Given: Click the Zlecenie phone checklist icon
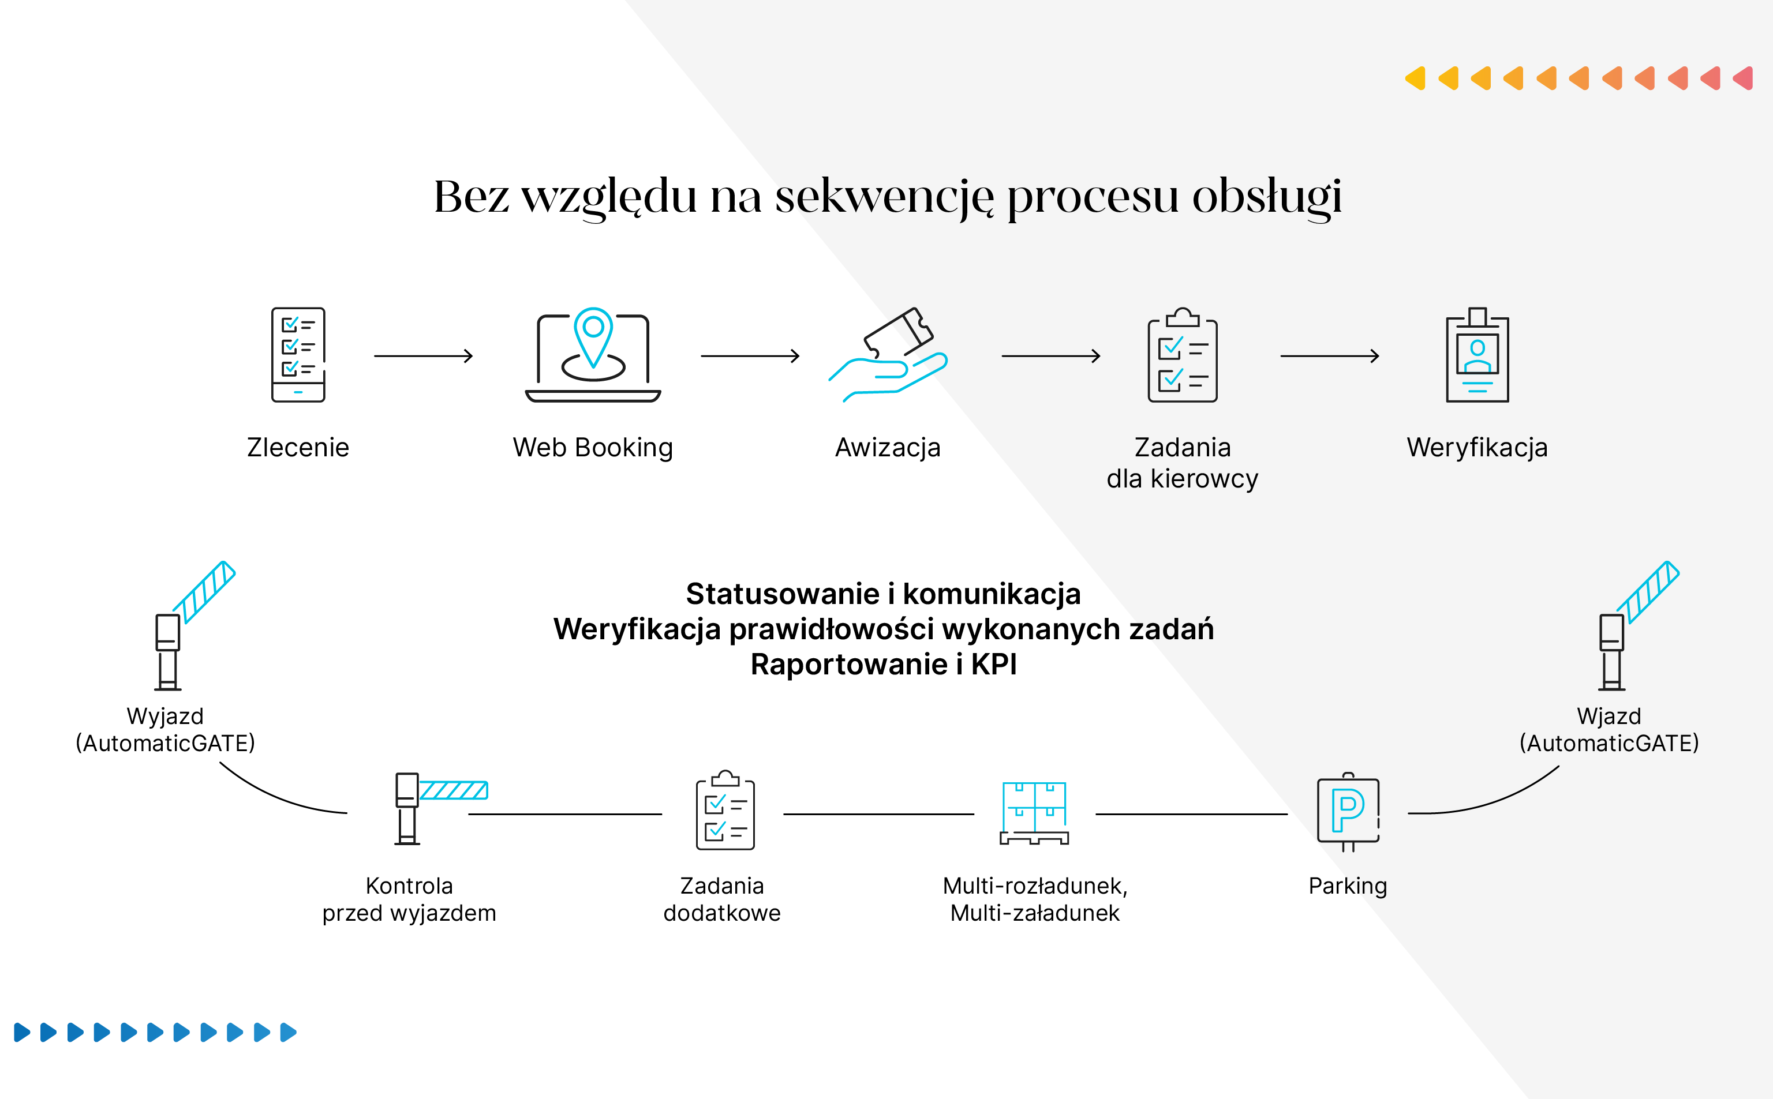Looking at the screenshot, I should click(x=298, y=355).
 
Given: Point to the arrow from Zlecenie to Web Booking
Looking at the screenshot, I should click(x=423, y=356).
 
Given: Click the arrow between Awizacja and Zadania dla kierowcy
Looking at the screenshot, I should click(x=1050, y=356).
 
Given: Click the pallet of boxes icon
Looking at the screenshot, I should click(x=1034, y=813).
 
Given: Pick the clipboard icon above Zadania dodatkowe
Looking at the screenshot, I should click(x=725, y=811).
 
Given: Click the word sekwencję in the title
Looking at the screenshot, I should click(x=883, y=196).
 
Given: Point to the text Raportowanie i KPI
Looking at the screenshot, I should click(x=883, y=665).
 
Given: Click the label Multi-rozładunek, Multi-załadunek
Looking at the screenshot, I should click(x=1034, y=899).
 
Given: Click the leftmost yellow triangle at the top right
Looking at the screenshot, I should click(x=1415, y=78).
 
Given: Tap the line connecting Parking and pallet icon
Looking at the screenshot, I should click(x=1191, y=814).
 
